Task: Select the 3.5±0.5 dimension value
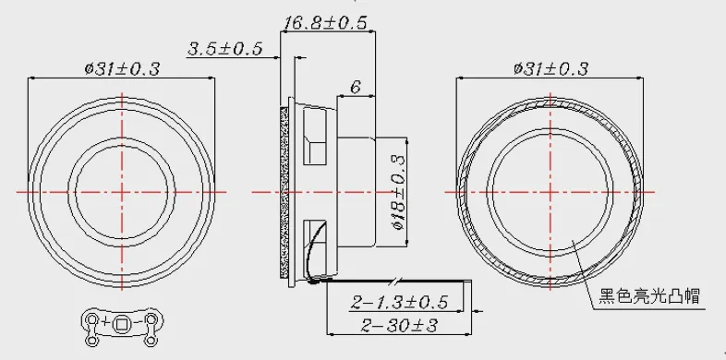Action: [x=225, y=49]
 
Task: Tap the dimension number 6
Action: [x=356, y=87]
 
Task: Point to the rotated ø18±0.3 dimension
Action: [x=398, y=192]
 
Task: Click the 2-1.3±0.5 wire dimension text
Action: [x=400, y=302]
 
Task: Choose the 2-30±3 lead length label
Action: [x=399, y=325]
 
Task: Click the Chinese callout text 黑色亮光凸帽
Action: [x=649, y=295]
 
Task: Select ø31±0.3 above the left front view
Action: [x=122, y=69]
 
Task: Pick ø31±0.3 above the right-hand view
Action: [x=551, y=69]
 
